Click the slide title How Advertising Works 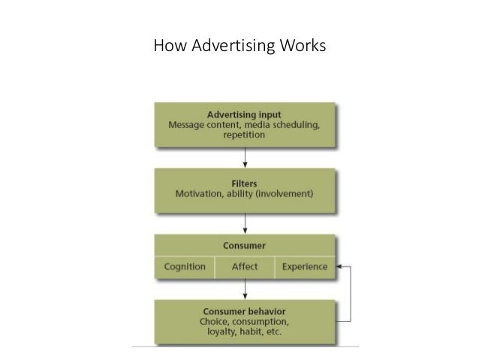coord(239,47)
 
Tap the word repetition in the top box coord(245,137)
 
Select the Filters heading coord(245,181)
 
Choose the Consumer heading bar coord(245,245)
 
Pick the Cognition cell coord(184,265)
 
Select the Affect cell coord(245,265)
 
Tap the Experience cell coord(305,265)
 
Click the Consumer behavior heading coord(245,311)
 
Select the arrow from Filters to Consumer coord(245,222)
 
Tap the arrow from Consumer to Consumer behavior coord(245,289)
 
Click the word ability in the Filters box coord(246,192)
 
